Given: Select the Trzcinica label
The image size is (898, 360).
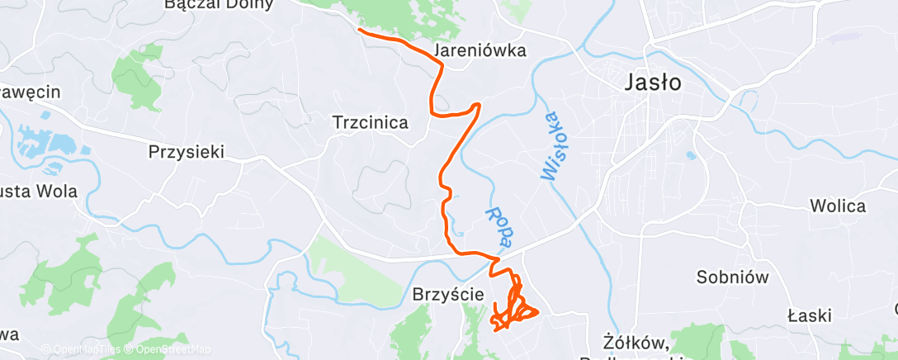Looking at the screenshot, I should [x=371, y=123].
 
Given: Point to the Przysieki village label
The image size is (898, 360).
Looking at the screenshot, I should [x=187, y=152].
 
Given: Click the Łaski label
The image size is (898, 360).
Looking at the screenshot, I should [x=809, y=315].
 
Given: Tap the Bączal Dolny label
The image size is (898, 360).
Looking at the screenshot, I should [x=219, y=5].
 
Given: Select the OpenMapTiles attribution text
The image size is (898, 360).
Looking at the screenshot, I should [x=80, y=349].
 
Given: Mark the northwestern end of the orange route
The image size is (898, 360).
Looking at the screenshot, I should [x=359, y=30].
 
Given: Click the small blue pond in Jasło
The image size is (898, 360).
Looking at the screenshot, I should [x=690, y=154].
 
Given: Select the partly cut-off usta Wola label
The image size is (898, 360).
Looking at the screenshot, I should [x=39, y=192].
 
